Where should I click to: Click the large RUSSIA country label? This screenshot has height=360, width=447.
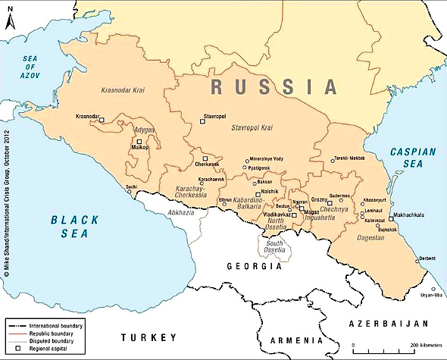tap(274, 87)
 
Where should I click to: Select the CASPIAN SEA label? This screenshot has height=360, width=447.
tap(413, 158)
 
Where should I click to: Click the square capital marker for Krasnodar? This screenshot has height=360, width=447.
tap(102, 120)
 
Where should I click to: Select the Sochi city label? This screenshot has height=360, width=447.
tap(132, 186)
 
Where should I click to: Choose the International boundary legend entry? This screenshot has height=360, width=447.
tap(56, 325)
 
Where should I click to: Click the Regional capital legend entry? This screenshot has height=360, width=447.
tap(48, 348)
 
